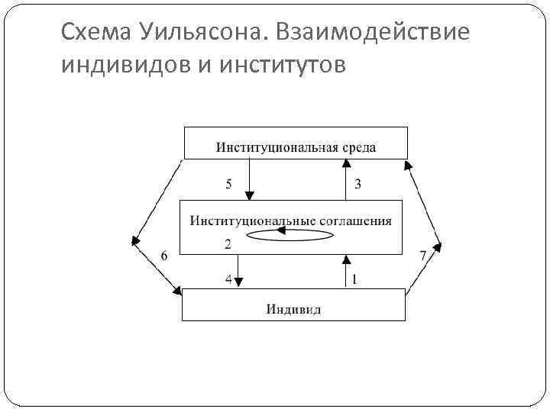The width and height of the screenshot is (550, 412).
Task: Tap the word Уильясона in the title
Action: tap(199, 33)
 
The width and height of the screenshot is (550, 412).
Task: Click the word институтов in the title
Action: tap(282, 66)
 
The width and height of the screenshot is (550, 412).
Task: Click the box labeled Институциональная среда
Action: tap(296, 143)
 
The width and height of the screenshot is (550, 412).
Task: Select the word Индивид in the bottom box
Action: tap(293, 308)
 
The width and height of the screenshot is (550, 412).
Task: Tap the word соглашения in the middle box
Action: tap(356, 221)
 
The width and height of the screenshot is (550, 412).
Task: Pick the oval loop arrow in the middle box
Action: tap(290, 237)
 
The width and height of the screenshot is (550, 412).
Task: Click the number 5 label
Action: tap(228, 184)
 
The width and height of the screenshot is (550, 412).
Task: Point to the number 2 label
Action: tap(227, 245)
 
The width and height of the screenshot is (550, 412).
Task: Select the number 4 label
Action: tap(228, 279)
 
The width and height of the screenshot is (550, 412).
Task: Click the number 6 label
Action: tap(163, 256)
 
